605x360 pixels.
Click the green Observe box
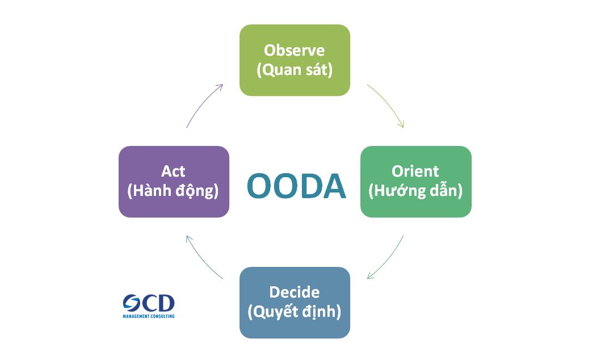[x=295, y=60]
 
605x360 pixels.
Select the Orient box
[x=415, y=182]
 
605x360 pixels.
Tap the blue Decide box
[x=295, y=302]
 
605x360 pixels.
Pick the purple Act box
[x=174, y=182]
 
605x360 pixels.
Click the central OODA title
[x=296, y=187]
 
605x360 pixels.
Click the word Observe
[x=295, y=50]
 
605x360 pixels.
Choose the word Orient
[x=415, y=171]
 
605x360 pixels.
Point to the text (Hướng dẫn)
[x=415, y=191]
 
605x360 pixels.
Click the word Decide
[x=295, y=292]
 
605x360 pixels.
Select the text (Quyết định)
[x=295, y=312]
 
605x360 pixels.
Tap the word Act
[x=173, y=171]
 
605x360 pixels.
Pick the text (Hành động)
[x=173, y=191]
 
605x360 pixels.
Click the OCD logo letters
[x=149, y=303]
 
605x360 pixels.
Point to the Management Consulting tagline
[x=149, y=316]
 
